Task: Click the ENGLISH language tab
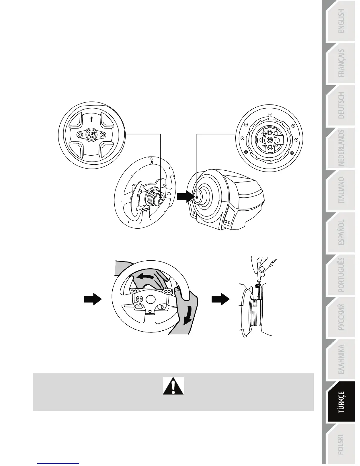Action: point(341,21)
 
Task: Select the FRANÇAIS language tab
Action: point(341,63)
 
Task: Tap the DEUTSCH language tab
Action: point(341,105)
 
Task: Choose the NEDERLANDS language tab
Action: point(341,148)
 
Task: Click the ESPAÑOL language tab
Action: point(341,232)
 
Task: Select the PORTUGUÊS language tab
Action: point(341,275)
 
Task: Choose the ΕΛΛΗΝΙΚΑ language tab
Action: point(341,360)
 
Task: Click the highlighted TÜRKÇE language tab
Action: point(341,402)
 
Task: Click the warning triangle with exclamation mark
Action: point(173,386)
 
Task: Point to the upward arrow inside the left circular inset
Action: point(91,119)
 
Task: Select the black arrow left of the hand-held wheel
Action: point(93,299)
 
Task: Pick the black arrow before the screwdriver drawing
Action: point(221,299)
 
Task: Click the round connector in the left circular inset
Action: point(91,135)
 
